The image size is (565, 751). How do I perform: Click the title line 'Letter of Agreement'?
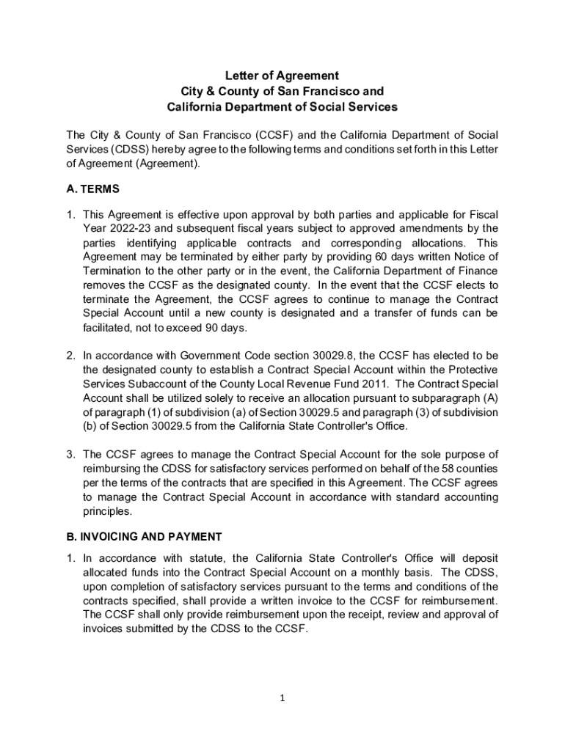click(282, 76)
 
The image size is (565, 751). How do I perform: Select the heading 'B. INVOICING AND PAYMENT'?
click(144, 536)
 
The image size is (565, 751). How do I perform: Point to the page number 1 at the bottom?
click(282, 697)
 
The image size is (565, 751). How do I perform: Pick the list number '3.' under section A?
click(71, 455)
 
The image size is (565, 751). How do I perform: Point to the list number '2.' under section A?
click(71, 355)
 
